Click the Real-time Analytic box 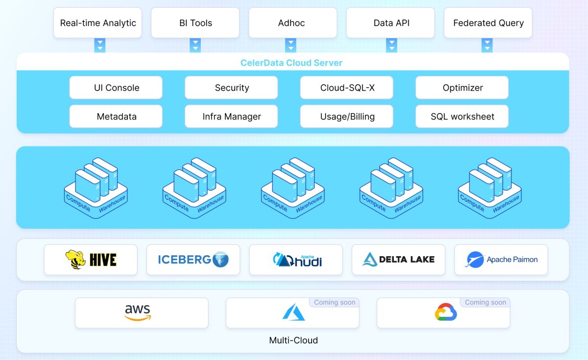(x=98, y=23)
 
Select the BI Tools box (x=195, y=23)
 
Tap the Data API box (x=391, y=23)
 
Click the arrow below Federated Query (x=487, y=45)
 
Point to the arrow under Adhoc (x=291, y=45)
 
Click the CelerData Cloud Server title (x=291, y=63)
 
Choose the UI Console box (x=116, y=88)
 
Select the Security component (x=231, y=88)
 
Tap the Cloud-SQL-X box (x=346, y=88)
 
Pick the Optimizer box (x=462, y=88)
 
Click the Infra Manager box (x=231, y=117)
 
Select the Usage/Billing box (x=346, y=117)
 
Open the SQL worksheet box (x=462, y=117)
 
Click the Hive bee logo (x=75, y=260)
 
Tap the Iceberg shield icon (x=220, y=260)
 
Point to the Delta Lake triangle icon (x=370, y=260)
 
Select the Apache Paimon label (x=512, y=260)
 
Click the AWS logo (x=138, y=312)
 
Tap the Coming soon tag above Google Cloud (x=485, y=302)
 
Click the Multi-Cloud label (x=293, y=340)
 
